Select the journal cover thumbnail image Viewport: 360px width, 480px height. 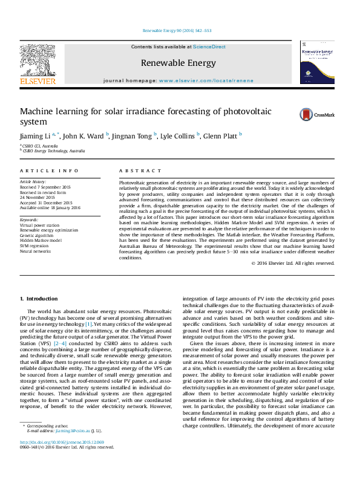click(x=316, y=63)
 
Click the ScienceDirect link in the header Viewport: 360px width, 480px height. click(x=209, y=46)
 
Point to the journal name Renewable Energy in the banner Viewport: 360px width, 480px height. click(x=178, y=63)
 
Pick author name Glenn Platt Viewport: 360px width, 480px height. click(x=220, y=136)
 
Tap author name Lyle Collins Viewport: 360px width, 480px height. click(x=178, y=136)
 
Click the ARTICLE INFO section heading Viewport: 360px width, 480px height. click(x=49, y=172)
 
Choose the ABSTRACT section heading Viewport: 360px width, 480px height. click(x=141, y=172)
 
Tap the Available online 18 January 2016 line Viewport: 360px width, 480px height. click(x=50, y=207)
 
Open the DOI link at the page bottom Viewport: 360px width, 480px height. click(x=57, y=459)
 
